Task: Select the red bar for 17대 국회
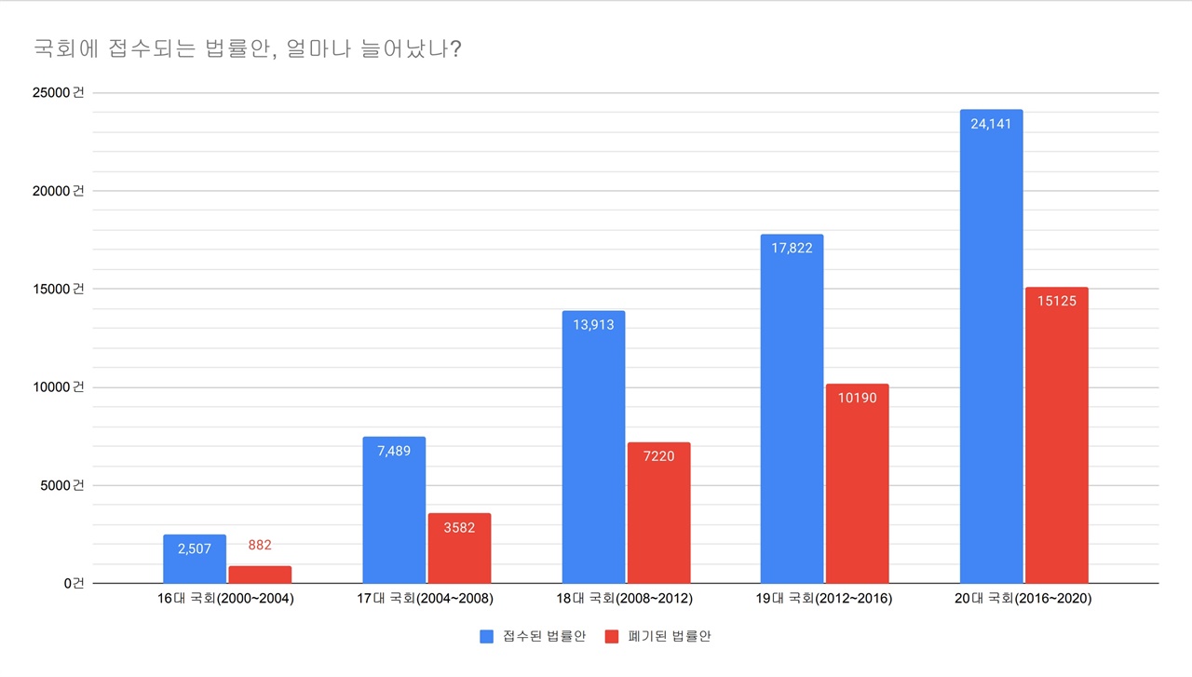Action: [459, 548]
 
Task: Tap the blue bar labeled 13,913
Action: [593, 447]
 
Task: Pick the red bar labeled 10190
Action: [857, 483]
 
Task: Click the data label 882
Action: [260, 546]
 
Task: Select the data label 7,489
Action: [394, 451]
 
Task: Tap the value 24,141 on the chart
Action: [991, 123]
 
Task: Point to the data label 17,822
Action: [792, 248]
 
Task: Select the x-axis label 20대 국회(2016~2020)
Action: [1024, 599]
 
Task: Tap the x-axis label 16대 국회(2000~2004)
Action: [226, 599]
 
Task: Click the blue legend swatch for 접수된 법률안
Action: [486, 637]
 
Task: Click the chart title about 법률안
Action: [248, 47]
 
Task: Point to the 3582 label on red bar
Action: [459, 527]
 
